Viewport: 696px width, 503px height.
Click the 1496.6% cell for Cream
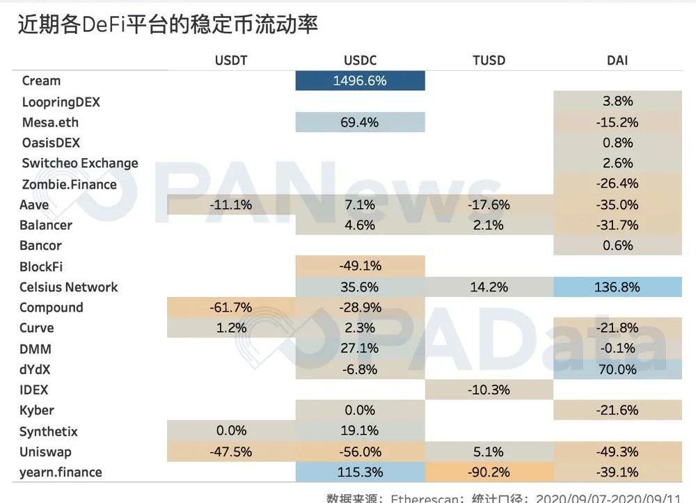click(x=359, y=81)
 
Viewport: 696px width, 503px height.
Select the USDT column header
click(x=230, y=61)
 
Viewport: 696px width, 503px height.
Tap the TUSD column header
click(x=489, y=61)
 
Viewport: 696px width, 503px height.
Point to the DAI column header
click(x=617, y=61)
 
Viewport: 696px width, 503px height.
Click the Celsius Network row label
click(x=69, y=287)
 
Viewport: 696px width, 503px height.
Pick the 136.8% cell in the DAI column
click(x=617, y=287)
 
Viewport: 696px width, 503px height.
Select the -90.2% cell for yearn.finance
click(x=489, y=472)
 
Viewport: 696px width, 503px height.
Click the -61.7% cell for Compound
click(x=230, y=308)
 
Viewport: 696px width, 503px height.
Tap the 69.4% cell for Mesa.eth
click(x=359, y=122)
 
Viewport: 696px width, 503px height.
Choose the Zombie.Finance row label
click(x=69, y=184)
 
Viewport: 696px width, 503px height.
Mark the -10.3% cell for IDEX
click(x=489, y=390)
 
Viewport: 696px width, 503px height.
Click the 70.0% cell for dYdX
click(x=617, y=369)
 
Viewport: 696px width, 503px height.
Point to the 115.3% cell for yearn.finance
click(x=359, y=472)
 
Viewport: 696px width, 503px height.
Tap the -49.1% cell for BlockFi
click(x=359, y=266)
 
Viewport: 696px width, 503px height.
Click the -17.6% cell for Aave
click(x=489, y=205)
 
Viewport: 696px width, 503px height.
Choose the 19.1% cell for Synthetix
click(x=359, y=431)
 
